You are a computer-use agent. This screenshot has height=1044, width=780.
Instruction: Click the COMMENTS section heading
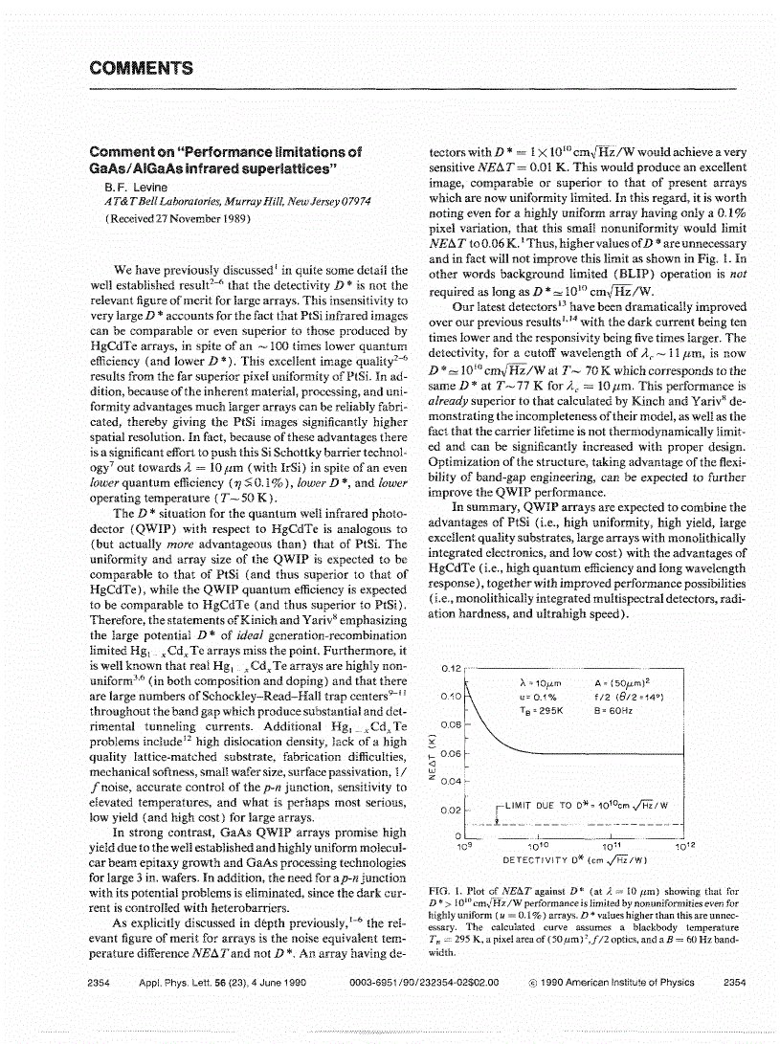[x=141, y=68]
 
